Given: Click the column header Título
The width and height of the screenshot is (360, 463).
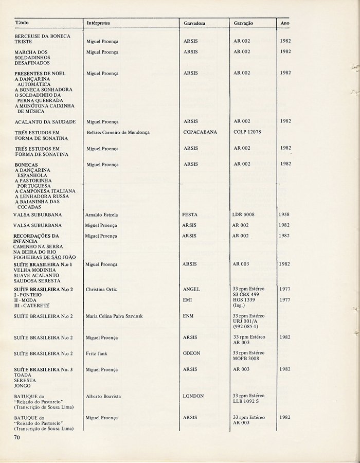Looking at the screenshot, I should (22, 24).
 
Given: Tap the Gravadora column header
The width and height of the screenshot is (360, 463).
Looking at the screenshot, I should (194, 24).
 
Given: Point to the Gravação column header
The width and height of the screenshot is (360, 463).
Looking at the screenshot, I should (243, 24).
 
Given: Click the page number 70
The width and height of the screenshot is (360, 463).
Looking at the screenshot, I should (17, 437).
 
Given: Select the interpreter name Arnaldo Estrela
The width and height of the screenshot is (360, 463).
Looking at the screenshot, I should (102, 214).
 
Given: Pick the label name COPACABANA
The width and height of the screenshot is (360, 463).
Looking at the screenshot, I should (200, 132).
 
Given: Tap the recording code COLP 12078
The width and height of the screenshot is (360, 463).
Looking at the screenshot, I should (247, 132).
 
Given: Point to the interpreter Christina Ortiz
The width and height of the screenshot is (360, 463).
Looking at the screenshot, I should (101, 289).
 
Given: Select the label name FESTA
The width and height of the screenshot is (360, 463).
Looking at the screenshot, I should (190, 214).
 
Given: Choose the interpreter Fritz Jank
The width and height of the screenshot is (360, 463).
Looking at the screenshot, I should (98, 353).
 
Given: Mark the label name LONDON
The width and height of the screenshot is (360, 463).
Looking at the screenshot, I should (193, 396).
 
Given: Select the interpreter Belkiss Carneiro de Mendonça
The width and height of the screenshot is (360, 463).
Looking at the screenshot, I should (118, 132).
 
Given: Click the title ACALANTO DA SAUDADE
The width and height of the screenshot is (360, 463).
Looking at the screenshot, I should (45, 122).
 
